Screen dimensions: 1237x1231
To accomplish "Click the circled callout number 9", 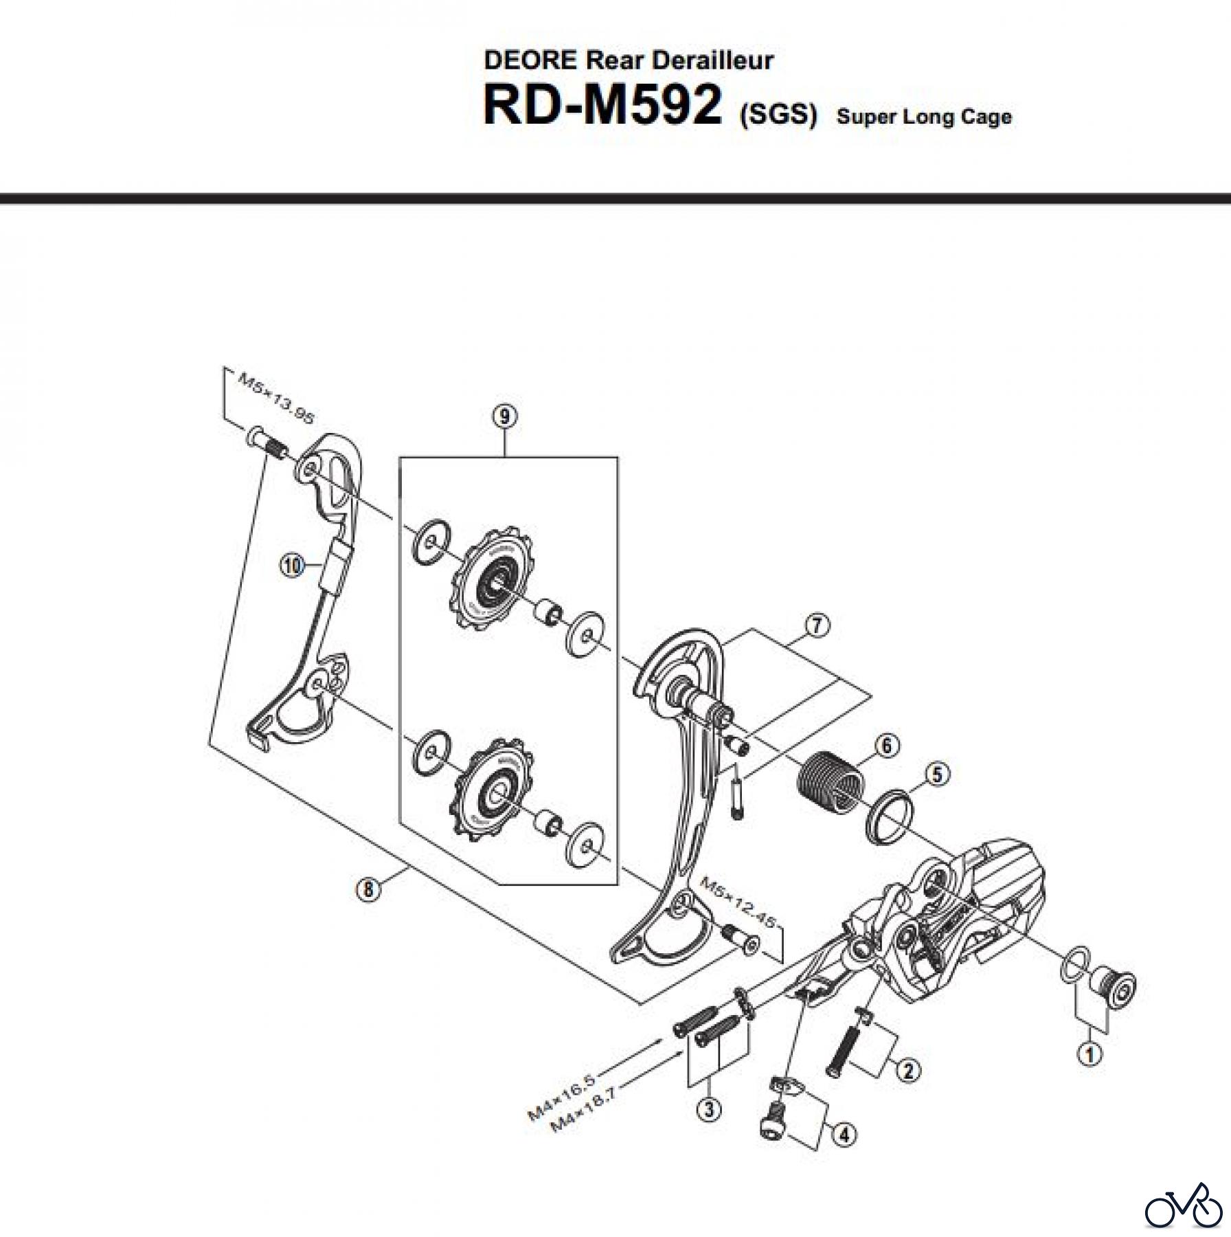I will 505,416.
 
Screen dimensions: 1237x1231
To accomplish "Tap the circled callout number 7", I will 816,625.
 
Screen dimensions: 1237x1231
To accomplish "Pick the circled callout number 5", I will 938,774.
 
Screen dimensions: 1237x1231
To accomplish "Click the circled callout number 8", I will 369,889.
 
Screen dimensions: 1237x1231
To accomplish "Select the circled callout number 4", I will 844,1135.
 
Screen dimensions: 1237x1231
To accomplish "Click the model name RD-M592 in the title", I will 602,107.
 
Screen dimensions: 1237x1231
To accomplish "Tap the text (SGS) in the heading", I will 778,114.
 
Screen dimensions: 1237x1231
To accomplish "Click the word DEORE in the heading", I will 530,60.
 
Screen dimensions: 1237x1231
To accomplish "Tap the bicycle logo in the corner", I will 1185,1203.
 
